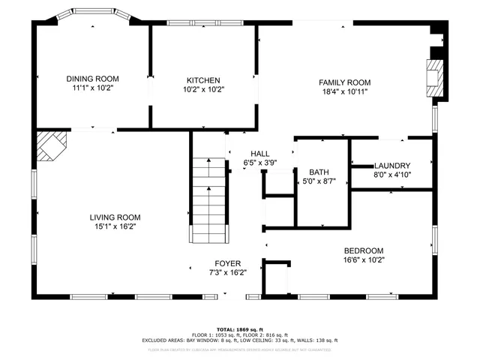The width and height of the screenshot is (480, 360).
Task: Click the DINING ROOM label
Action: point(92,79)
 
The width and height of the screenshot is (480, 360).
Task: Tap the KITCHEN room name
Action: point(203,80)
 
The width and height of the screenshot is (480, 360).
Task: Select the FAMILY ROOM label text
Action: point(344,82)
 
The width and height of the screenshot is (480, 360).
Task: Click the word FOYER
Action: point(228,263)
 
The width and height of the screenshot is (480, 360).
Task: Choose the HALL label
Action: point(260,152)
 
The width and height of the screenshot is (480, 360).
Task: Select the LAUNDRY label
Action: point(391,166)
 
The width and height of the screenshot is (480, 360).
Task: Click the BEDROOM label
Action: point(364,251)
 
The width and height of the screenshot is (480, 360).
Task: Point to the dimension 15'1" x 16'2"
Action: point(115,226)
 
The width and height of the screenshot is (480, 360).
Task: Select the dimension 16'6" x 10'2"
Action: point(364,260)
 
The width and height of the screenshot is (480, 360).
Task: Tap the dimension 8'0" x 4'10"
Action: point(391,175)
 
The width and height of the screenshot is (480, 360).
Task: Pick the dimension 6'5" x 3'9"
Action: point(260,161)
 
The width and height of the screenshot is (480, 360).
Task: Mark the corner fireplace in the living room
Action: point(52,145)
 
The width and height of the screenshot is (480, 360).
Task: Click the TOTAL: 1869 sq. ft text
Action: point(239,329)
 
